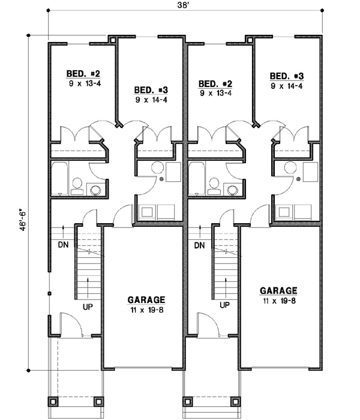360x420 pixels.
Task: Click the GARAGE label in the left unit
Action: pos(146,299)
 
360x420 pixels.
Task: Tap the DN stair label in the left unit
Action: pos(63,245)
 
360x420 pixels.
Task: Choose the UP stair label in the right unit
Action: pos(226,305)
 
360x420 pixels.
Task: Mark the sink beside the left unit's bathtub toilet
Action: pos(95,190)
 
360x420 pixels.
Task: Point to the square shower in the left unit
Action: pos(172,172)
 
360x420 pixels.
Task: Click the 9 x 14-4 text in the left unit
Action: pos(152,100)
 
